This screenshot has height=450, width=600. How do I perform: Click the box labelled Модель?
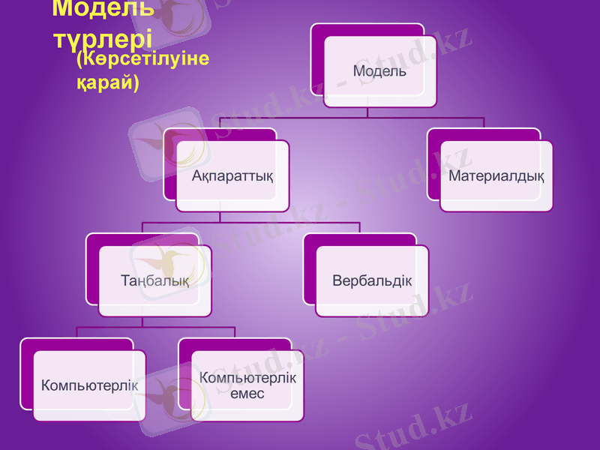tap(379, 72)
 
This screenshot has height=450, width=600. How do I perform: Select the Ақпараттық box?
tap(232, 176)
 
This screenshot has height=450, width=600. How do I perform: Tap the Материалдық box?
tap(496, 176)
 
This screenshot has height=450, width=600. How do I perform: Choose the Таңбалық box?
tap(154, 281)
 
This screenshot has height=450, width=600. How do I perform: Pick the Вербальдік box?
tap(372, 281)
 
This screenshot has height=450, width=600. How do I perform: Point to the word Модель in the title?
tap(103, 9)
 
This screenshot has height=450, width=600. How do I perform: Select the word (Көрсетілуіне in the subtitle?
tap(142, 60)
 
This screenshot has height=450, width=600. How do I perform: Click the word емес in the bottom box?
tap(247, 394)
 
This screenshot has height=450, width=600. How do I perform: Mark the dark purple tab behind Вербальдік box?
tap(309, 262)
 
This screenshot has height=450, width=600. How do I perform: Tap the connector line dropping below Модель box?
tap(367, 112)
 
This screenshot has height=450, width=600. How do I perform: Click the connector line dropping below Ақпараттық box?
tap(219, 217)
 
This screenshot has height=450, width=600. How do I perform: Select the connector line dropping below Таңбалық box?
tap(142, 322)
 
